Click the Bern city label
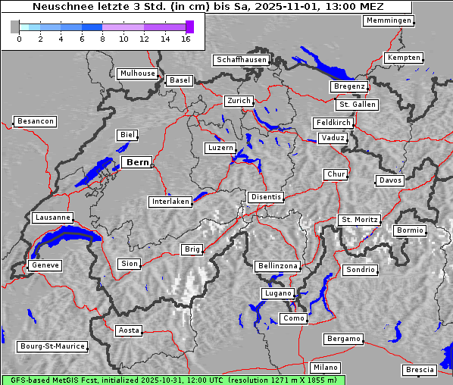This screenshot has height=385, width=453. click(x=137, y=162)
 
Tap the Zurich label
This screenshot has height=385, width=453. click(x=238, y=101)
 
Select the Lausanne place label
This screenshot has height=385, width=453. click(x=52, y=218)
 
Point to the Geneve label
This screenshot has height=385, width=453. click(x=44, y=266)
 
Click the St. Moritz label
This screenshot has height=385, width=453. click(x=359, y=220)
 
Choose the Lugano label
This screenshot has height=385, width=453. click(x=276, y=293)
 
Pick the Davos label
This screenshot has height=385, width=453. click(x=390, y=180)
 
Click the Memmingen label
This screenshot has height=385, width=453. click(x=388, y=20)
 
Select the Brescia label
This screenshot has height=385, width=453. click(x=420, y=370)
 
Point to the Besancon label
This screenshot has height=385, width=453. click(x=35, y=121)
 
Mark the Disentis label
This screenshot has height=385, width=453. click(x=266, y=197)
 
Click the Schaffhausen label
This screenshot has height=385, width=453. click(x=241, y=59)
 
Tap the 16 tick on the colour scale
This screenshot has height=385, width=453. click(x=186, y=39)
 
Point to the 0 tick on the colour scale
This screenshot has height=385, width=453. click(x=19, y=39)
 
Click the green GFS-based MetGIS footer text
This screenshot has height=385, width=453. click(x=173, y=380)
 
